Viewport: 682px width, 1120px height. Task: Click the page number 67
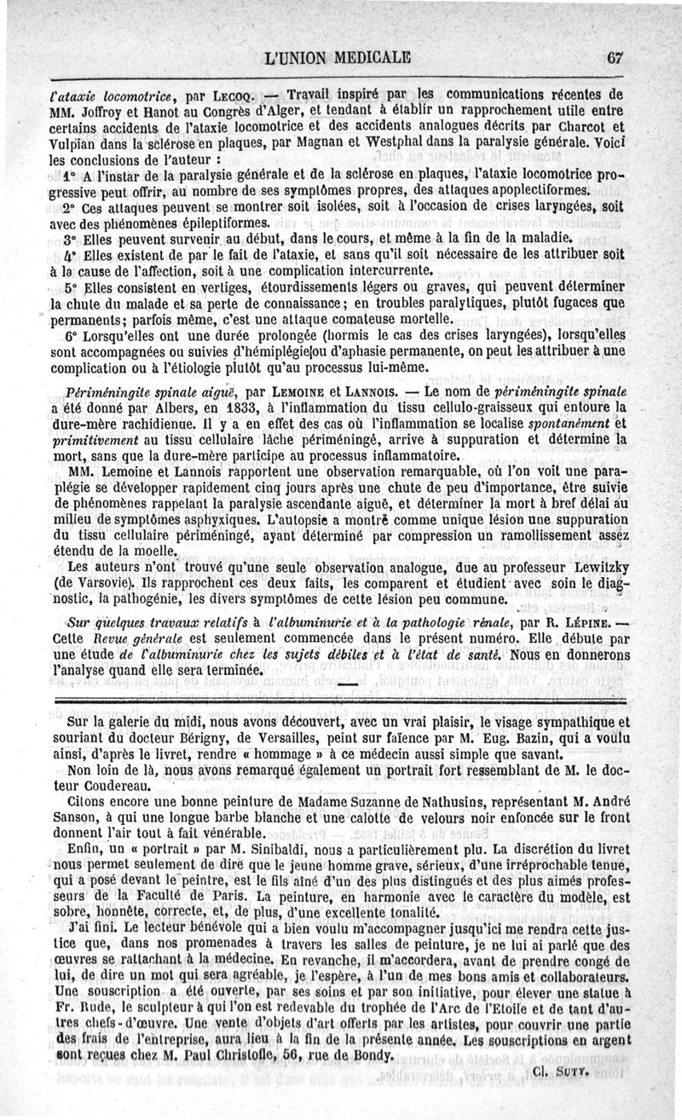click(617, 59)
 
